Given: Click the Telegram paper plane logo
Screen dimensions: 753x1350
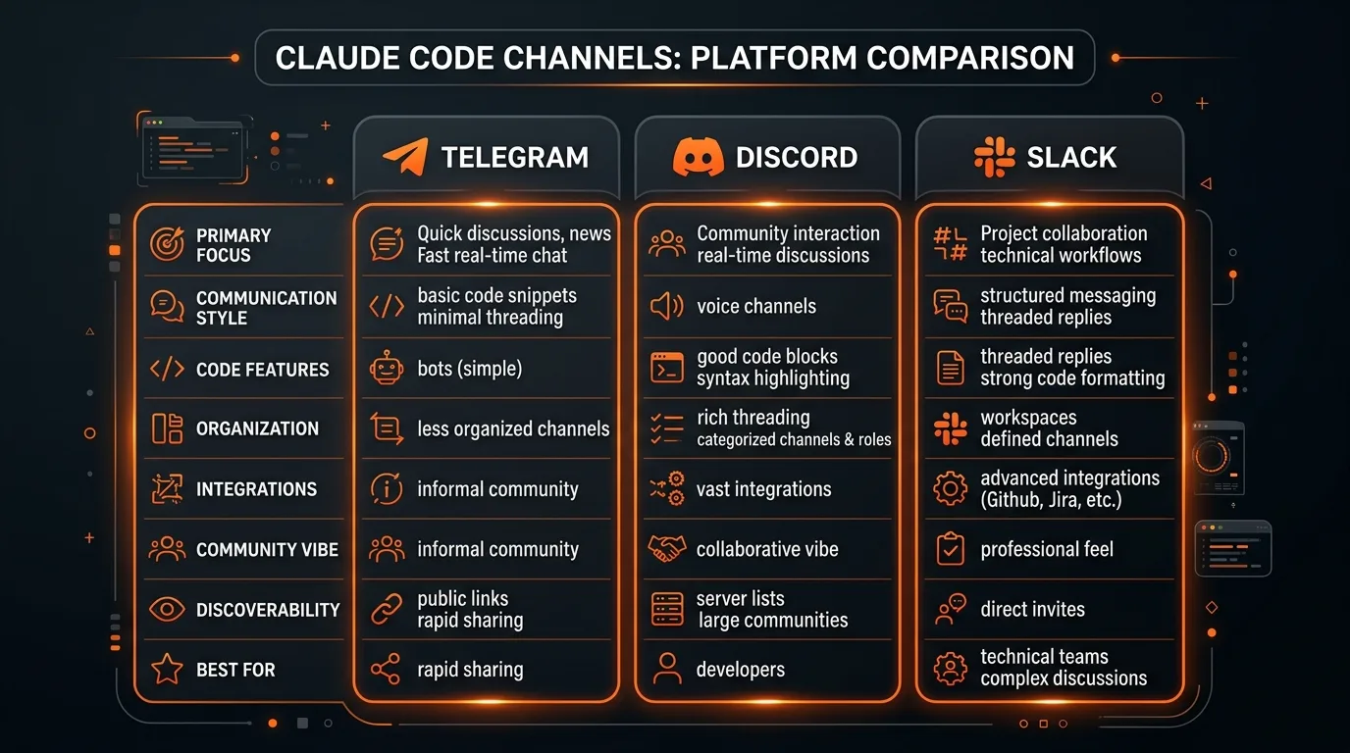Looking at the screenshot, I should (405, 157).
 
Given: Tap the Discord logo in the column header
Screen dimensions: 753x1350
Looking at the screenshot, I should (698, 157).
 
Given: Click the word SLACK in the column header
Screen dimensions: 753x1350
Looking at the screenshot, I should (1071, 157).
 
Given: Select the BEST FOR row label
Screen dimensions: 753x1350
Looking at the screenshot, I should (235, 670).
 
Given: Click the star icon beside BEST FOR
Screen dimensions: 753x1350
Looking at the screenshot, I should (167, 670).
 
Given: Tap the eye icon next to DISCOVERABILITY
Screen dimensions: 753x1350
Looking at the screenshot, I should (167, 610).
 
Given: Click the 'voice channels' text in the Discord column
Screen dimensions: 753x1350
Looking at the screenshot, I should (755, 306).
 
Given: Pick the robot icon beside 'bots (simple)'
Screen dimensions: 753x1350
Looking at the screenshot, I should (387, 369).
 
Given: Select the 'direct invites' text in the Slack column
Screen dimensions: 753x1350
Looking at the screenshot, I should (1032, 609).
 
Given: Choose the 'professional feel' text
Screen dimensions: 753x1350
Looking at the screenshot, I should (1046, 549).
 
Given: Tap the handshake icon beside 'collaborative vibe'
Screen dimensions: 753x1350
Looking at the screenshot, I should (667, 549).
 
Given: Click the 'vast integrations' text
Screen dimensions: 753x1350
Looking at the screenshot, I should (763, 489).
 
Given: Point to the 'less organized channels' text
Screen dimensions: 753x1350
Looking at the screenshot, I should (513, 428).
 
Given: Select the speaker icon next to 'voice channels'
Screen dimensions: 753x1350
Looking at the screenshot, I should (666, 306).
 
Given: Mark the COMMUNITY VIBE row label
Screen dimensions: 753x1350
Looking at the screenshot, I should (267, 549).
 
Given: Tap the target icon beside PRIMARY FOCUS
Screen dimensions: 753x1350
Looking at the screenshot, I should (167, 244).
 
